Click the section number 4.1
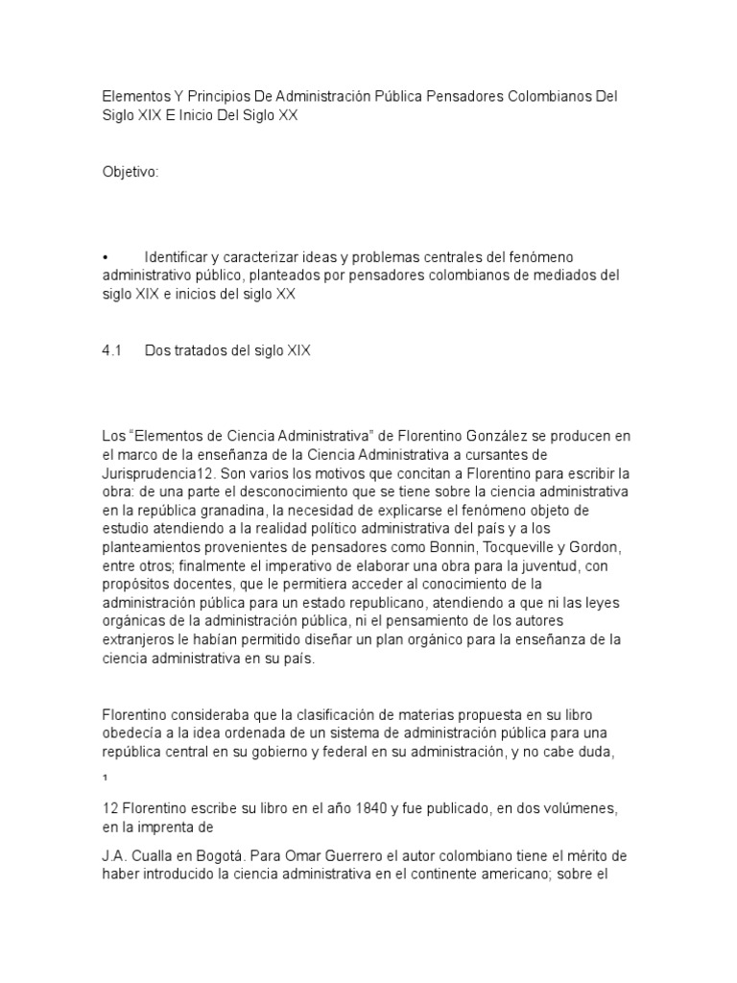coord(114,352)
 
